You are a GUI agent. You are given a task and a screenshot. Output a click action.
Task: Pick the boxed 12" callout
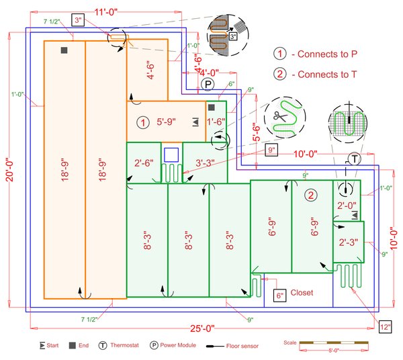386,327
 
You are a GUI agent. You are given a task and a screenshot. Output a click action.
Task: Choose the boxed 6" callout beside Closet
280,296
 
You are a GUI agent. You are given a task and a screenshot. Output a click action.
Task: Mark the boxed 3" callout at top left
79,21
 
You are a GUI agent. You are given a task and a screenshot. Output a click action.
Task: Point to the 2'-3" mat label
349,242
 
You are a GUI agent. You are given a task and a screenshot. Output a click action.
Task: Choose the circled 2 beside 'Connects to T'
279,75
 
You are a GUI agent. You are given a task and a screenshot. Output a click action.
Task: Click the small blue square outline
171,154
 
